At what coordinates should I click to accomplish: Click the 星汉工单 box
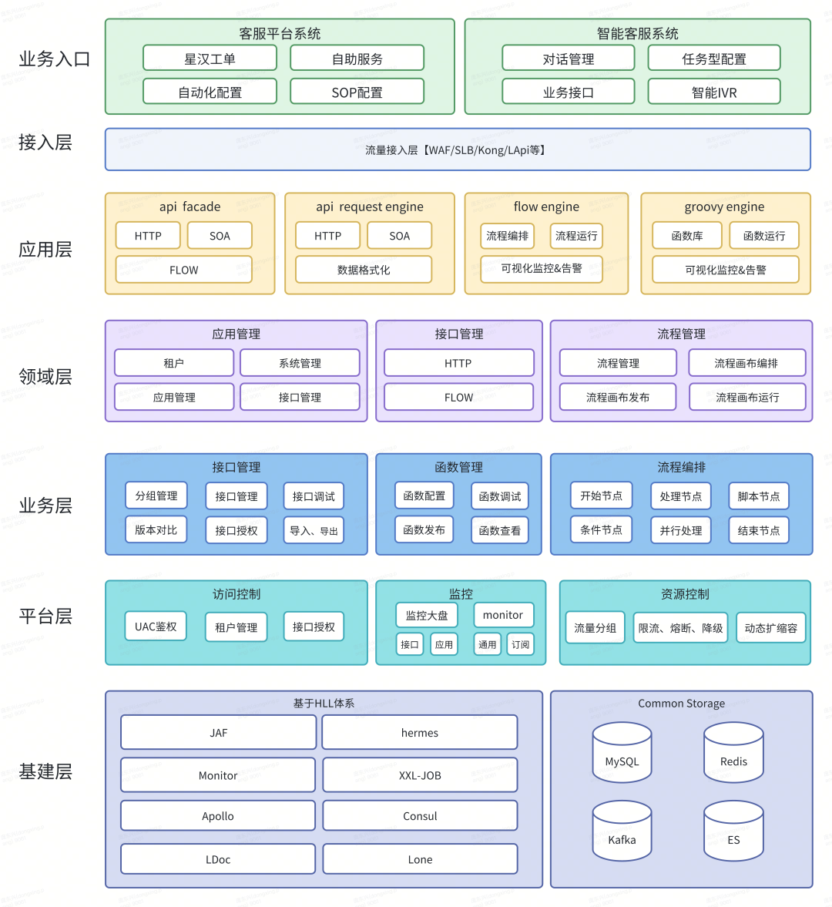210,59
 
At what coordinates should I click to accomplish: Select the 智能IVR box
714,92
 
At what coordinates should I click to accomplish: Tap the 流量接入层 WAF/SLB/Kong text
457,150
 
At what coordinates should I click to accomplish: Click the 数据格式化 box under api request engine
364,270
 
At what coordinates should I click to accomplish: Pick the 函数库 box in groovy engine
687,236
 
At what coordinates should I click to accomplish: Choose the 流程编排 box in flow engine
508,236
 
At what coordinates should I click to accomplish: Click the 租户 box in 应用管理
174,363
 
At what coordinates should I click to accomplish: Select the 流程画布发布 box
618,397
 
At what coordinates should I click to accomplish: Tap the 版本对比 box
156,530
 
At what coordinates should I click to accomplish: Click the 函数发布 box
424,530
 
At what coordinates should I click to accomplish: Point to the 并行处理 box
681,530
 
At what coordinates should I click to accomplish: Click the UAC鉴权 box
156,627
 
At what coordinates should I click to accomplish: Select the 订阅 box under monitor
521,644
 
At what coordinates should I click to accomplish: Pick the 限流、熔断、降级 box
681,628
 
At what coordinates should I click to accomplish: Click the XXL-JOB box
420,775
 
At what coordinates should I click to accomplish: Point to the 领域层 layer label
45,377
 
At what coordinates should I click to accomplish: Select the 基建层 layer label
45,771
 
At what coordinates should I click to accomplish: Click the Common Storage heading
681,704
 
